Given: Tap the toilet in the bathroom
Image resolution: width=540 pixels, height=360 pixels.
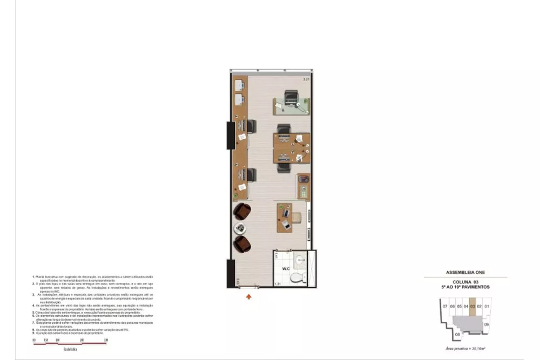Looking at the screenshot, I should pos(295,279).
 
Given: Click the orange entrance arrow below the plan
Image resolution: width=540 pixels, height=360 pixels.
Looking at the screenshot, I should pos(248,296).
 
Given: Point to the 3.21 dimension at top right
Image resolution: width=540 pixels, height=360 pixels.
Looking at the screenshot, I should pos(306,80).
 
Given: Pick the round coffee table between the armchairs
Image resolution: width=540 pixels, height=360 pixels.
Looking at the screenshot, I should pos(239,228).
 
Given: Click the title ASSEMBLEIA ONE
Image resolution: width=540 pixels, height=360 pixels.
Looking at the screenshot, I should pos(465,273).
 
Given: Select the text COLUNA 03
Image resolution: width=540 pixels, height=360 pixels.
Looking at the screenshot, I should pos(465,282).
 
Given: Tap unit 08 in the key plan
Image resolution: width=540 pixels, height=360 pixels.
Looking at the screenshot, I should pos(457,334).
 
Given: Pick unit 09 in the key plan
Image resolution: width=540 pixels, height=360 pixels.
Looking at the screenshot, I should pos(487,324).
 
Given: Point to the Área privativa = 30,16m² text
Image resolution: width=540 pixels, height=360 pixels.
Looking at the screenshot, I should pos(465,350).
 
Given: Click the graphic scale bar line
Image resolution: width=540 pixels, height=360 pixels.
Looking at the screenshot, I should pos(70,343).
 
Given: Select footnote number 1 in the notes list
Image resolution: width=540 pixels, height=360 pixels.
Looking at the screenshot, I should pos(33,276).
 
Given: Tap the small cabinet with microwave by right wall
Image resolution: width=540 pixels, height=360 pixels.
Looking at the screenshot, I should pos(303,187).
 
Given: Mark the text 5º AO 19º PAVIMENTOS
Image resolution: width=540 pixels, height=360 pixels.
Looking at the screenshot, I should pos(465,287).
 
